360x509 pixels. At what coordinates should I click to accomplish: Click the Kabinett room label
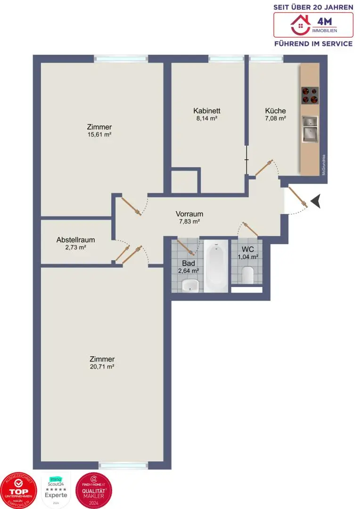point(207,111)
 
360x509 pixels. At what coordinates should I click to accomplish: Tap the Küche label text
point(275,111)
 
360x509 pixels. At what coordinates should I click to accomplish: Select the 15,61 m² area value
point(99,134)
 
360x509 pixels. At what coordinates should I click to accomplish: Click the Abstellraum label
point(75,239)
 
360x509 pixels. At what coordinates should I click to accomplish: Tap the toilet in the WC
point(248,275)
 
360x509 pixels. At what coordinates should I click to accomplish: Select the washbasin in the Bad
point(190,285)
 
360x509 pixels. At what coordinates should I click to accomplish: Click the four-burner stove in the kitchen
point(310,95)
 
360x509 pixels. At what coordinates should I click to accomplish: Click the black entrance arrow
point(315,201)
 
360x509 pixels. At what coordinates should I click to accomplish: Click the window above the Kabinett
point(226,59)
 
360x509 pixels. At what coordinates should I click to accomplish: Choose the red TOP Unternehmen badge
point(19,490)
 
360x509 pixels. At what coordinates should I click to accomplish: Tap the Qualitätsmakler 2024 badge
point(93,490)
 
